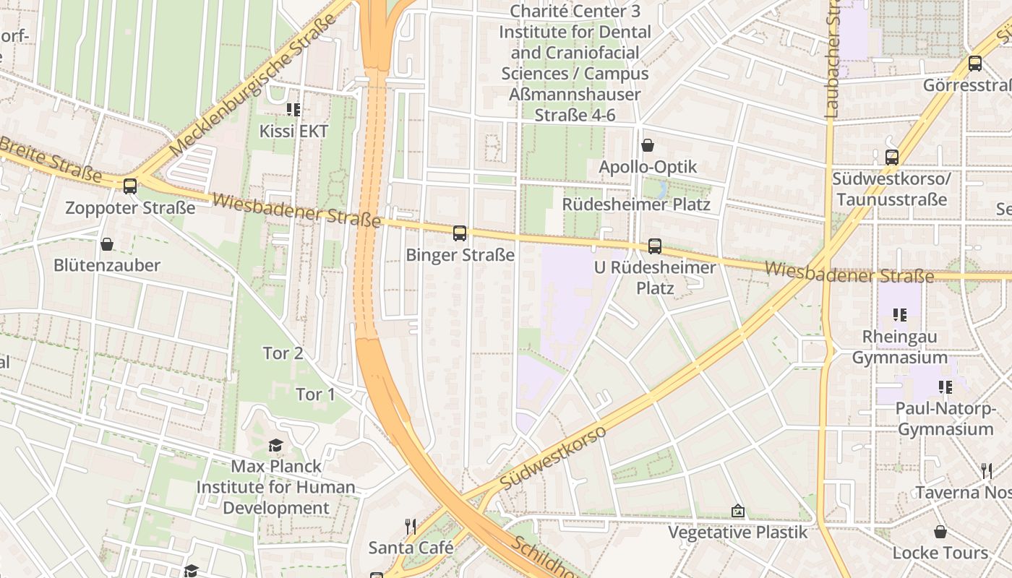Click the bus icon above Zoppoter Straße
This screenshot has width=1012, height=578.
130,186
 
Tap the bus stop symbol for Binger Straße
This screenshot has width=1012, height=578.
460,233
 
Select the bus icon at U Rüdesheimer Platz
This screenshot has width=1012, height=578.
655,246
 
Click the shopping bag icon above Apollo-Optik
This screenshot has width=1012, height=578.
648,146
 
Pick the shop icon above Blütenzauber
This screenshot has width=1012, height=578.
107,244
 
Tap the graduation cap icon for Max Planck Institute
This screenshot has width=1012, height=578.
275,444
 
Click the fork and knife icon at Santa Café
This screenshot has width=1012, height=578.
411,526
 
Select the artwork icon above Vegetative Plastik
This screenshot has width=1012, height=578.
738,512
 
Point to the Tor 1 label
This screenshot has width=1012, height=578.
316,394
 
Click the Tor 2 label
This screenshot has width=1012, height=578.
283,353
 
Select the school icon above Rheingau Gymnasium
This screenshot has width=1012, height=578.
900,315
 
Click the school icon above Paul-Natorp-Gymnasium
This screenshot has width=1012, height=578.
945,387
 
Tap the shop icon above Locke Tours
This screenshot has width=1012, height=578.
940,532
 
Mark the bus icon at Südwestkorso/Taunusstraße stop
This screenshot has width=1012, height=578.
892,158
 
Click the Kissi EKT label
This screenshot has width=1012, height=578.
293,131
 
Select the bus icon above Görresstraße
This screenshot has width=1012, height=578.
975,64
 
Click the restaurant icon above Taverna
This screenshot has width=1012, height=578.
987,471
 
